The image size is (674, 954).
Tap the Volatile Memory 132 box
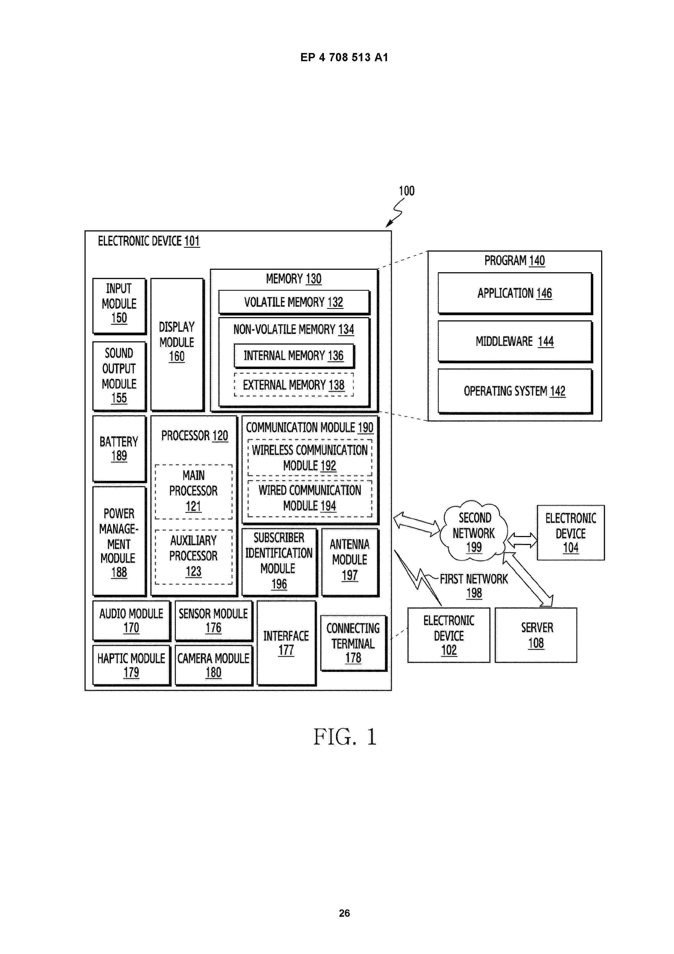(294, 302)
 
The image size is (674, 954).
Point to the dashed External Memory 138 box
(294, 385)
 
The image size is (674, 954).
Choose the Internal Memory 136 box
(294, 356)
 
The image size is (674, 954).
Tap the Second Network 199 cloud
(474, 532)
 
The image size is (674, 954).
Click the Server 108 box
(536, 635)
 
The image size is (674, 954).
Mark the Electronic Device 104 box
(571, 533)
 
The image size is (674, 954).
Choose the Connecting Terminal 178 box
(353, 643)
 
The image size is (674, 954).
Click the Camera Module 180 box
(213, 665)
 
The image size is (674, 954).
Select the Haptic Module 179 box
(131, 665)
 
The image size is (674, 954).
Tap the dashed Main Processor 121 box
(194, 491)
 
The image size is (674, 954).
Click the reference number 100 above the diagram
(407, 191)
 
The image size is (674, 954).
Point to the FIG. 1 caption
(345, 737)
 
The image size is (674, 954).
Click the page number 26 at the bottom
(344, 913)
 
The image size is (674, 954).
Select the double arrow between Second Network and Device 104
(522, 540)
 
